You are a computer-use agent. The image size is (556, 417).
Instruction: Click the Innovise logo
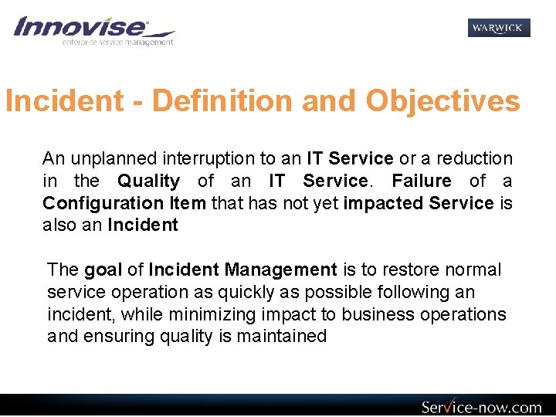click(93, 31)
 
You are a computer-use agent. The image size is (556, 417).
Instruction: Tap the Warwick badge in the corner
click(499, 28)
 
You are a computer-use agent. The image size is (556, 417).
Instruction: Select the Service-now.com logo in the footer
click(481, 407)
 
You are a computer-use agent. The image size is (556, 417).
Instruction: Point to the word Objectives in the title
click(442, 101)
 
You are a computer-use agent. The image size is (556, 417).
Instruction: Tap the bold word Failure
click(422, 181)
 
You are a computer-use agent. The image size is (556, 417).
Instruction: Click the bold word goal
click(103, 270)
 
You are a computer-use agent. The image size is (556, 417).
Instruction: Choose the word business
click(378, 314)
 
